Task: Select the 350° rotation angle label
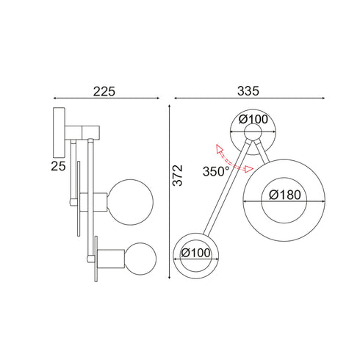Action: click(217, 171)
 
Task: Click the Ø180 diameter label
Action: click(284, 195)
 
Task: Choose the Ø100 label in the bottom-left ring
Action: click(195, 252)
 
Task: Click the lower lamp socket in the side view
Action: click(112, 260)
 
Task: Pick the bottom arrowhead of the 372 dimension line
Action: click(169, 276)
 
